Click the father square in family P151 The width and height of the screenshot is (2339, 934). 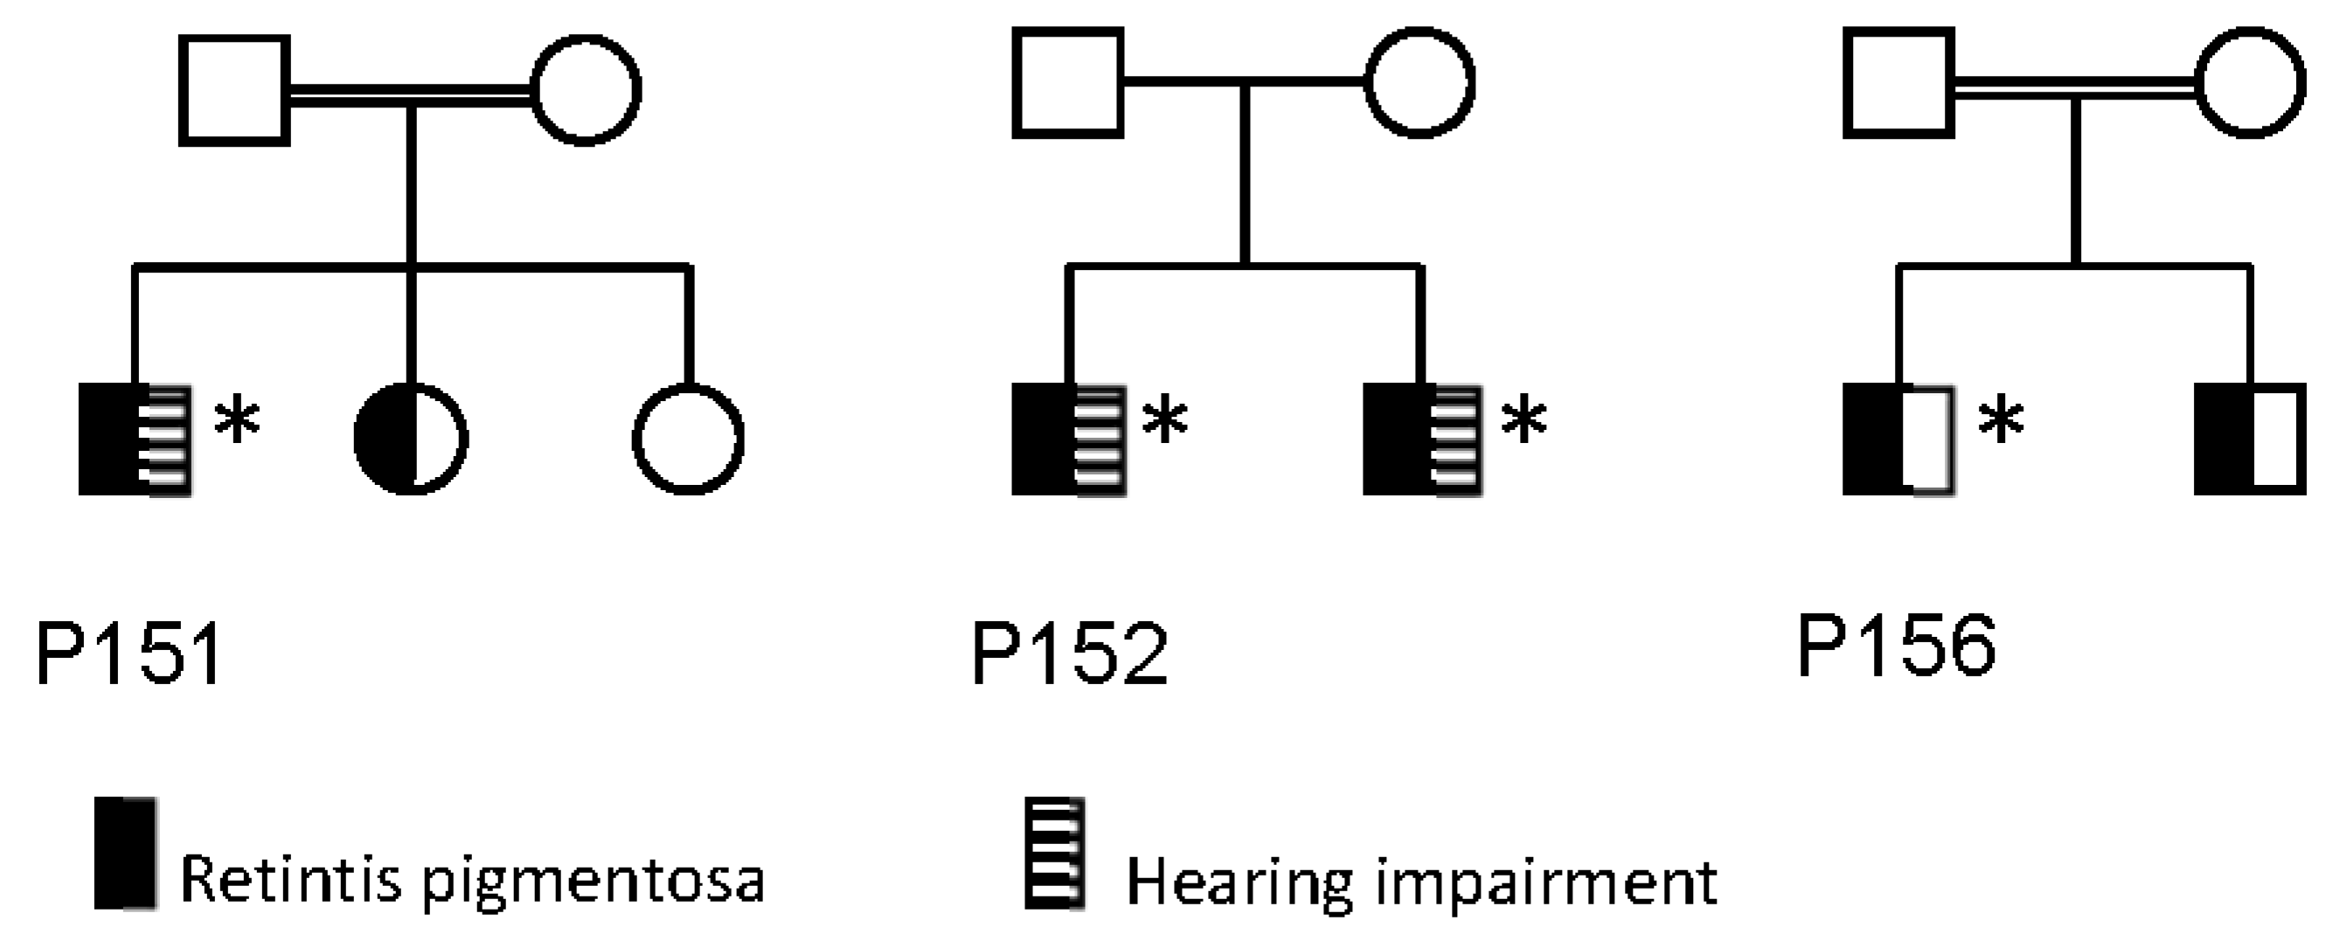(x=234, y=90)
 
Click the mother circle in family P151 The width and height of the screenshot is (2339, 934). (x=586, y=90)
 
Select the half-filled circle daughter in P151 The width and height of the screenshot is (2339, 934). (x=412, y=439)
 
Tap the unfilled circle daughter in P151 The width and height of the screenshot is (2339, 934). (x=687, y=439)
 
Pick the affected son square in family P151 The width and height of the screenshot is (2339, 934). (x=135, y=439)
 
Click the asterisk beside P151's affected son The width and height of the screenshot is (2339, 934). (x=237, y=423)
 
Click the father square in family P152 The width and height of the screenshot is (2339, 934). (x=1068, y=83)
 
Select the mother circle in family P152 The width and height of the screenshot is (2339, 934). (x=1419, y=83)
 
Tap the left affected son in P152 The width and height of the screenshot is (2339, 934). (x=1069, y=439)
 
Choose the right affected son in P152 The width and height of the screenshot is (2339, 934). (x=1421, y=439)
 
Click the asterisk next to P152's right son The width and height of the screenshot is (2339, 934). (x=1523, y=423)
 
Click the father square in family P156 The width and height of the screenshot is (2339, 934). (x=1898, y=83)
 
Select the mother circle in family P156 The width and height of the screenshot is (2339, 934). (x=2250, y=83)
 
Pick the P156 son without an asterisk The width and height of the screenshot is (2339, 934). (x=2250, y=439)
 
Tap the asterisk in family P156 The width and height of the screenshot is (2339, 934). (x=2002, y=423)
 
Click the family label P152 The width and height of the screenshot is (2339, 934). (x=1070, y=654)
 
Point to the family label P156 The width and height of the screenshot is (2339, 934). (x=1897, y=646)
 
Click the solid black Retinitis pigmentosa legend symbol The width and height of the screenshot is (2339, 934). (x=125, y=854)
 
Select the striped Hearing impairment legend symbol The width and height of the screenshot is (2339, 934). (x=1054, y=854)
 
